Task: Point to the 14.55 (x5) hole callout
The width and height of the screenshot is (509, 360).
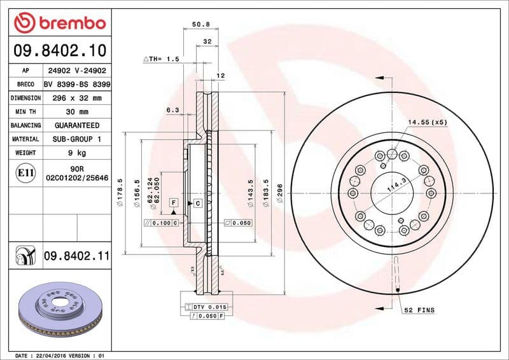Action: (x=428, y=121)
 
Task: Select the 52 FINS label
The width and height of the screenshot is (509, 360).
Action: (x=419, y=310)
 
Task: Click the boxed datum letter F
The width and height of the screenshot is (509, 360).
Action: (x=172, y=203)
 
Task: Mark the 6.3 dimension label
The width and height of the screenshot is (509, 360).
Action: (x=172, y=110)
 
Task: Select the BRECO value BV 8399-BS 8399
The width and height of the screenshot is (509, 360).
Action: (x=76, y=85)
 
